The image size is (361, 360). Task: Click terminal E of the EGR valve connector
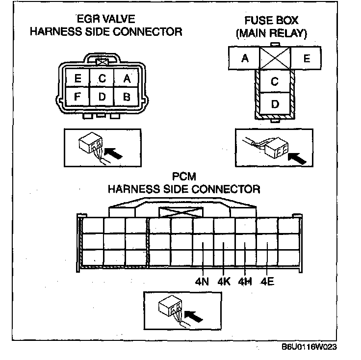click(78, 78)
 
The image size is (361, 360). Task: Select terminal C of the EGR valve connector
click(102, 78)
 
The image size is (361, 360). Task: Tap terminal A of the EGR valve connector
click(126, 78)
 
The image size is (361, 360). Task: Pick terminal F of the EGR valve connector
click(78, 97)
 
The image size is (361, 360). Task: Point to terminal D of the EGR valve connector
click(102, 97)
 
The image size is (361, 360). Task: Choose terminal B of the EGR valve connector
click(126, 97)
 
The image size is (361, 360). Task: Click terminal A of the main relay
click(244, 58)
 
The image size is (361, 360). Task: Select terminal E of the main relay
click(307, 58)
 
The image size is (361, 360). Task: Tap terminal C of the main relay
click(275, 81)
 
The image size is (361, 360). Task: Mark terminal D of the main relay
click(275, 104)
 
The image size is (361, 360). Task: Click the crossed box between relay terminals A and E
click(275, 58)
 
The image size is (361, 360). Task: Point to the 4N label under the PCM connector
click(202, 282)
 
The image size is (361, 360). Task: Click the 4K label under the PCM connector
click(224, 282)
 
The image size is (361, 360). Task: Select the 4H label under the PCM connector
click(245, 282)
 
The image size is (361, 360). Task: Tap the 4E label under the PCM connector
click(267, 282)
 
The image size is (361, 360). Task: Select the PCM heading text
click(184, 176)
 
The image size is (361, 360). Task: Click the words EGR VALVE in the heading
click(106, 19)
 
